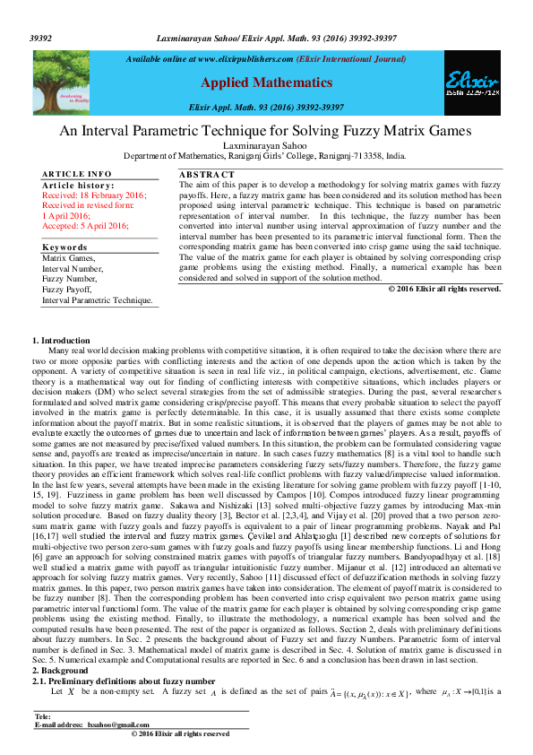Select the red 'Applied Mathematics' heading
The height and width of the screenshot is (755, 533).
[266, 82]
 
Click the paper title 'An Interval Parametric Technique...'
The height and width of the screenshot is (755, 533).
[265, 131]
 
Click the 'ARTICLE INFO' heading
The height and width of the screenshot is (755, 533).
[77, 173]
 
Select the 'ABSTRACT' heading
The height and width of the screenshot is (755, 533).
[206, 173]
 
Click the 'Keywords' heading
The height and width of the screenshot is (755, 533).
[64, 247]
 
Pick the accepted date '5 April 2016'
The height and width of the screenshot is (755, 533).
[100, 226]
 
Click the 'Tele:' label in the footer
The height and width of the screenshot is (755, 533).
[42, 716]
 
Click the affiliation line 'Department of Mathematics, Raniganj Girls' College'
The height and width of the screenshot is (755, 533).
[265, 155]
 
